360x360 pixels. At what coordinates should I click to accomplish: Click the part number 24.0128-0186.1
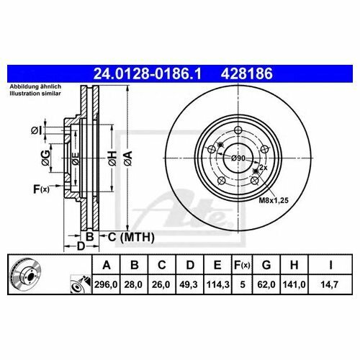click(x=147, y=73)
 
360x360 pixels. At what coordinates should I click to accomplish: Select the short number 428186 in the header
click(x=247, y=73)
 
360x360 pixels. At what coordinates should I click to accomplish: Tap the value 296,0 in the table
click(x=106, y=284)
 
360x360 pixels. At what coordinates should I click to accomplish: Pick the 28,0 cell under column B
click(x=133, y=284)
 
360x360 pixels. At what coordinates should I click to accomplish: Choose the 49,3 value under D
click(x=189, y=284)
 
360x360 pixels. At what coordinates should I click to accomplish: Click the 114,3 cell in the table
click(x=217, y=284)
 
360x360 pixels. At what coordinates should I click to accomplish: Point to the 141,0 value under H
click(x=294, y=284)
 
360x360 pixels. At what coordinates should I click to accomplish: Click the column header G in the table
click(x=266, y=265)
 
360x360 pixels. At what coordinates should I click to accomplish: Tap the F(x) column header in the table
click(x=242, y=265)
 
